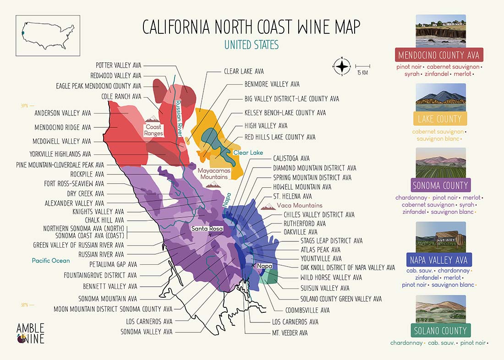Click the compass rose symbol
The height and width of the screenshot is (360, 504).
tap(342, 67)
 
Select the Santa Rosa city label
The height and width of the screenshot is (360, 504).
tap(206, 229)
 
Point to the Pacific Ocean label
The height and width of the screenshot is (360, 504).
tap(51, 261)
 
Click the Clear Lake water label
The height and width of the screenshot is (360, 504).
tap(248, 153)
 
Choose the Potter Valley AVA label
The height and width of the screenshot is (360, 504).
tap(118, 65)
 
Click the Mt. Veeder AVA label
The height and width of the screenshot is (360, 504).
tap(290, 333)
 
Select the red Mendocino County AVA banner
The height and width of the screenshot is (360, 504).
tap(439, 55)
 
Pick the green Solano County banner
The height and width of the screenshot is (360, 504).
tap(439, 331)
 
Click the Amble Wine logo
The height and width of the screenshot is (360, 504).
tap(30, 333)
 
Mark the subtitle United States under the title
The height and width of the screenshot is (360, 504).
tap(251, 45)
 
